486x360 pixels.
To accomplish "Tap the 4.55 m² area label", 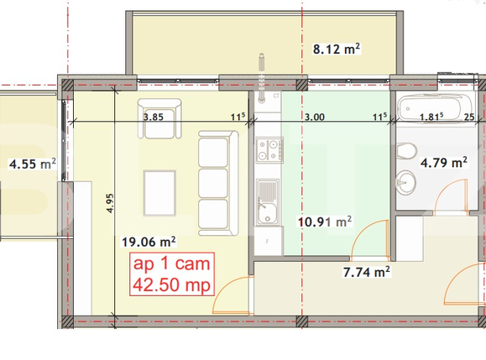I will click(32, 164).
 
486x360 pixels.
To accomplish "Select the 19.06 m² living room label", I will click(148, 242).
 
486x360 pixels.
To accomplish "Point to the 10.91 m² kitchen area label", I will click(324, 222).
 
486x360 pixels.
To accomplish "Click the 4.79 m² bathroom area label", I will click(443, 163).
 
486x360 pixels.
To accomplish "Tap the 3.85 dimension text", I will click(153, 117).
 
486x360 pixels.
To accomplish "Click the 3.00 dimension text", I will click(315, 117).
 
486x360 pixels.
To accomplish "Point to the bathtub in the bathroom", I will click(430, 108).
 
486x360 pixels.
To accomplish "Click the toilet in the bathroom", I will click(407, 151).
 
